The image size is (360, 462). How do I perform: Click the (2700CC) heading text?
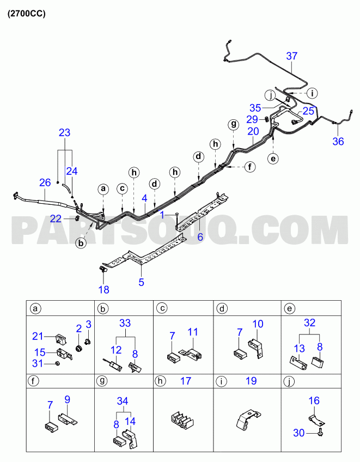pos(27,14)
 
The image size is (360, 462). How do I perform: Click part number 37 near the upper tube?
pos(292,56)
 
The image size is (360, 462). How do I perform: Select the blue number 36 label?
pos(338,142)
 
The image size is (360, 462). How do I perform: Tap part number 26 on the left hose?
pos(45,183)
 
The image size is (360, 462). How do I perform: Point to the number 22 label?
pos(56,218)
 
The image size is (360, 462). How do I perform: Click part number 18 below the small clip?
pos(103,290)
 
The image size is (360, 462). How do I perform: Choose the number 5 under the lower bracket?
pos(142,282)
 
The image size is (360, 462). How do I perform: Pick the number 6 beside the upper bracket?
pos(200,236)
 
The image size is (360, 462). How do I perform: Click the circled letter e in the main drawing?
pos(273,159)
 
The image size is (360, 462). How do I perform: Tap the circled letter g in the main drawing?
pos(233,124)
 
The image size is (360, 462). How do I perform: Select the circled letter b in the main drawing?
pos(81,243)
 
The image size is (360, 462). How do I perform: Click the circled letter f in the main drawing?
pos(250,167)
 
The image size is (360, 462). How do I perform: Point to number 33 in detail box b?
pos(125,323)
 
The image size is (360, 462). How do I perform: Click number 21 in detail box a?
pos(38,336)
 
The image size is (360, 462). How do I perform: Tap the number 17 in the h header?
pos(186,381)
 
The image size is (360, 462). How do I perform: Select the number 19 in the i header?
pos(251,381)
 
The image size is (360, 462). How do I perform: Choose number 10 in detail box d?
pos(258,324)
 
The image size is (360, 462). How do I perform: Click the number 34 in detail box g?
pos(123,401)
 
